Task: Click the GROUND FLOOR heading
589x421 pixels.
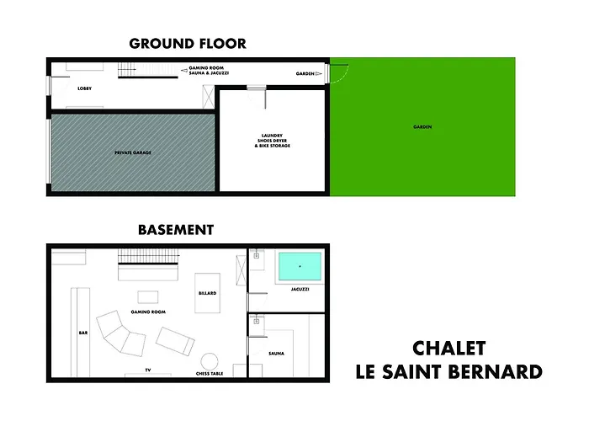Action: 187,44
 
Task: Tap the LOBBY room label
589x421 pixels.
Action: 84,87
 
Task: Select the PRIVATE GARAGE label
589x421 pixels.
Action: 132,153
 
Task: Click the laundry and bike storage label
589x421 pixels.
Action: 271,141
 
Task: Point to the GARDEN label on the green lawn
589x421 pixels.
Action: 422,127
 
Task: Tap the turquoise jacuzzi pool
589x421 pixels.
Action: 300,267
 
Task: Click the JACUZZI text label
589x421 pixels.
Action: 299,290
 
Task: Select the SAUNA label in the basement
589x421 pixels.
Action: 277,353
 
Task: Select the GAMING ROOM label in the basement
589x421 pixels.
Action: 147,312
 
